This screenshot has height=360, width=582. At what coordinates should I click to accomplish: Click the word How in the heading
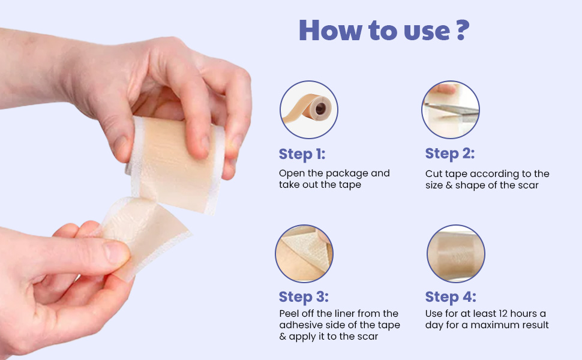[x=328, y=30]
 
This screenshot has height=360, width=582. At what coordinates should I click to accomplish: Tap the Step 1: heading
[x=302, y=154]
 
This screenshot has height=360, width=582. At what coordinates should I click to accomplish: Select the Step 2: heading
[x=449, y=154]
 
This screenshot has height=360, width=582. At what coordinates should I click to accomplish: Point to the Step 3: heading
[x=304, y=297]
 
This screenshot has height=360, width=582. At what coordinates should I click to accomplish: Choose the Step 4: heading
[x=451, y=297]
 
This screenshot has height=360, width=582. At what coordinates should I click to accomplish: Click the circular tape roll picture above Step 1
[x=309, y=110]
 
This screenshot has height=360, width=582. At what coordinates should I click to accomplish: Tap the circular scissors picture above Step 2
[x=450, y=110]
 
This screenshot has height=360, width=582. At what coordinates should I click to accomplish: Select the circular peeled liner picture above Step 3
[x=304, y=254]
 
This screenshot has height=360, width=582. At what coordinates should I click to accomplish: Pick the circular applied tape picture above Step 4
[x=455, y=254]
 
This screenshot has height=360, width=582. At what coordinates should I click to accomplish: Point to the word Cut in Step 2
[x=433, y=174]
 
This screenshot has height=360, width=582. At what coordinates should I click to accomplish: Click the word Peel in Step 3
[x=290, y=314]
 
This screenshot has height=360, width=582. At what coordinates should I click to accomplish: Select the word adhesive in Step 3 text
[x=301, y=325]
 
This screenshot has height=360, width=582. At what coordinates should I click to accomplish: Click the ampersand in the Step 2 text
[x=449, y=185]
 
